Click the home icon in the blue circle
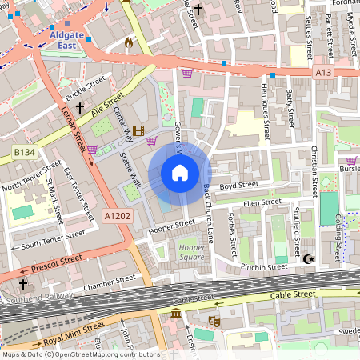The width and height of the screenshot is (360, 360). tap(180, 172)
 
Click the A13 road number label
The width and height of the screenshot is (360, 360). tap(323, 73)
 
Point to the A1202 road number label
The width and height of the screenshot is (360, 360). tap(116, 214)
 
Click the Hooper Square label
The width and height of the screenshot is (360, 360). tap(191, 253)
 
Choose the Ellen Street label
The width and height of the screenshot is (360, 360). tap(262, 202)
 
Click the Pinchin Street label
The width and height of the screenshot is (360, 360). tap(266, 266)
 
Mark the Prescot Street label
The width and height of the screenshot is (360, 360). tap(57, 261)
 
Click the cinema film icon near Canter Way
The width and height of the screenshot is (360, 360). tap(138, 131)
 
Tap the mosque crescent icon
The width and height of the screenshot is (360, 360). tap(308, 258)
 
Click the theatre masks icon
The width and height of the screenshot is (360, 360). tap(214, 321)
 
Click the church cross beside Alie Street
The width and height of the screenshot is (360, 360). tap(79, 106)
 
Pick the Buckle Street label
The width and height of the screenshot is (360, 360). tap(85, 84)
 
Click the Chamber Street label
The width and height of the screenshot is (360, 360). tap(110, 282)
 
